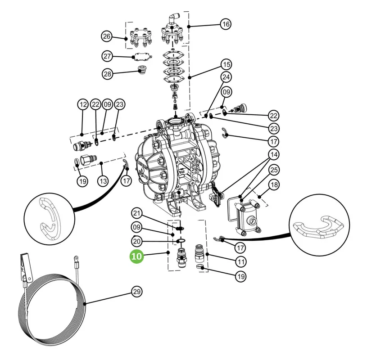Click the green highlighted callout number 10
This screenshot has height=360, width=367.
coord(136,256)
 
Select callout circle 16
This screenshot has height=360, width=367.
coord(226,24)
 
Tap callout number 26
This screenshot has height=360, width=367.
coord(106,36)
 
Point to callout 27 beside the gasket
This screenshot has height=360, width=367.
coord(107,56)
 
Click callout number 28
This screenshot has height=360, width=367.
coord(108,74)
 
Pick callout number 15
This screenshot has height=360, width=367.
coord(227,64)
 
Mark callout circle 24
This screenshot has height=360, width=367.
coord(226,77)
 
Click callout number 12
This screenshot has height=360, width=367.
coord(83,104)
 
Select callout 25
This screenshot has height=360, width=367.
coord(274,170)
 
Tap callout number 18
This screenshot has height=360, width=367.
coord(274,185)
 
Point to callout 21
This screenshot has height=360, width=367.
coord(137,213)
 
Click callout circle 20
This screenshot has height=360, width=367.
coord(137,241)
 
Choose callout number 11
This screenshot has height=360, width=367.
coord(241,261)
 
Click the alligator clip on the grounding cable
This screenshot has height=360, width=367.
coord(25,267)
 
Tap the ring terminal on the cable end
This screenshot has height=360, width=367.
coord(76,258)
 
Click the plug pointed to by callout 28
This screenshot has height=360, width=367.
coord(141,69)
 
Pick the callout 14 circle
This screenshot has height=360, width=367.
coord(274,155)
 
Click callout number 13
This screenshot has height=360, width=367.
coord(103,181)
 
